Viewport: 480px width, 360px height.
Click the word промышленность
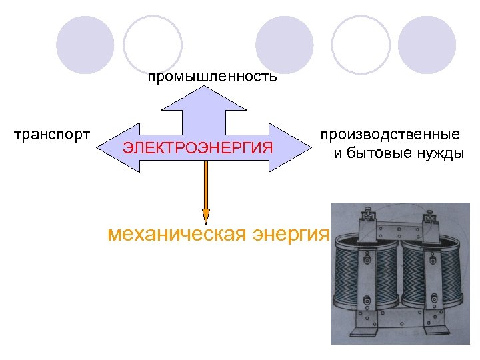tap(212, 77)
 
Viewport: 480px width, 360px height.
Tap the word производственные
tap(389, 135)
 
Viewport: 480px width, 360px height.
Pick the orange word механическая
tap(176, 235)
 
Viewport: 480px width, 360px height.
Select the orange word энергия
tap(291, 235)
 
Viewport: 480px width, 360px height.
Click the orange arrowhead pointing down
tap(206, 215)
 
